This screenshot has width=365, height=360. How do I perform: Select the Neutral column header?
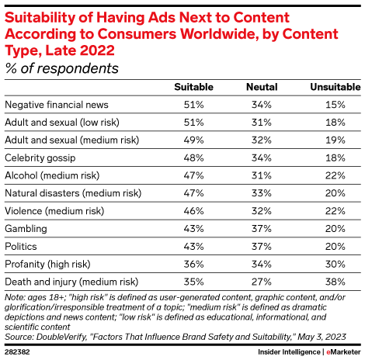click(261, 86)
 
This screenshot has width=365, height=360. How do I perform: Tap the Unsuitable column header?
click(331, 86)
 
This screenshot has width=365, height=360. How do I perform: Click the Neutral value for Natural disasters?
click(261, 193)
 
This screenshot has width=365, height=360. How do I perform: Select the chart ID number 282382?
click(19, 351)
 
